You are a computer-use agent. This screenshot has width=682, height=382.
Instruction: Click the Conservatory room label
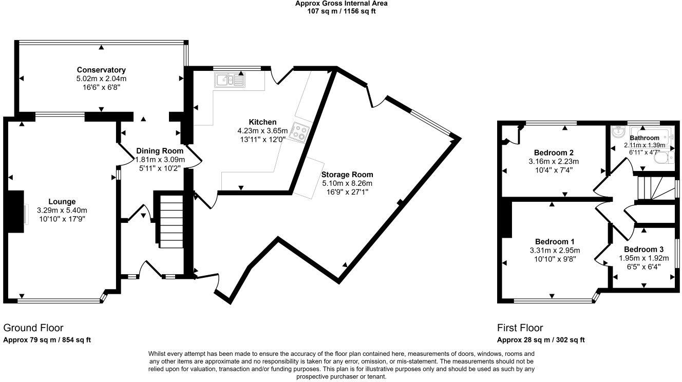(101, 70)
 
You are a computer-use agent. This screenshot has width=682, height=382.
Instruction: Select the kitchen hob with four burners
(299, 131)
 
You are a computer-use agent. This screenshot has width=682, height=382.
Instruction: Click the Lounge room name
(62, 202)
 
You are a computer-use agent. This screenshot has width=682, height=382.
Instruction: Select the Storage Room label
(347, 175)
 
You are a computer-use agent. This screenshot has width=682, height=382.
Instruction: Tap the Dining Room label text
(160, 151)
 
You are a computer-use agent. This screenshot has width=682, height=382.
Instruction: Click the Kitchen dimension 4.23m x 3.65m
(262, 131)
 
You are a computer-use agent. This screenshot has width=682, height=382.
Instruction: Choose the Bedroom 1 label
(554, 242)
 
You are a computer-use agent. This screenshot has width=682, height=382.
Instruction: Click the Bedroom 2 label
(554, 152)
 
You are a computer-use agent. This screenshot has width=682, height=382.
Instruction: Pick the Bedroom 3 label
(643, 249)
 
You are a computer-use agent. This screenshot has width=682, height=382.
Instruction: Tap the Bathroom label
(645, 138)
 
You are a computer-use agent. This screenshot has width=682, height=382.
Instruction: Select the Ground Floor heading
(33, 328)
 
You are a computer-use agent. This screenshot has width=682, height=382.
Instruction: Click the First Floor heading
(520, 328)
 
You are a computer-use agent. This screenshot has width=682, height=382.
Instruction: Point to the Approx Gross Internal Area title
(341, 4)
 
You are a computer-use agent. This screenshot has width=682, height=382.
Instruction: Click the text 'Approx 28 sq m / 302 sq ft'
(541, 340)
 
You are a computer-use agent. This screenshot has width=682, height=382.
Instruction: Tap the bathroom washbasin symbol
(618, 133)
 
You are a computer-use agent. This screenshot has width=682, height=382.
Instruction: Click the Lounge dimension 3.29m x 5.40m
(62, 211)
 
